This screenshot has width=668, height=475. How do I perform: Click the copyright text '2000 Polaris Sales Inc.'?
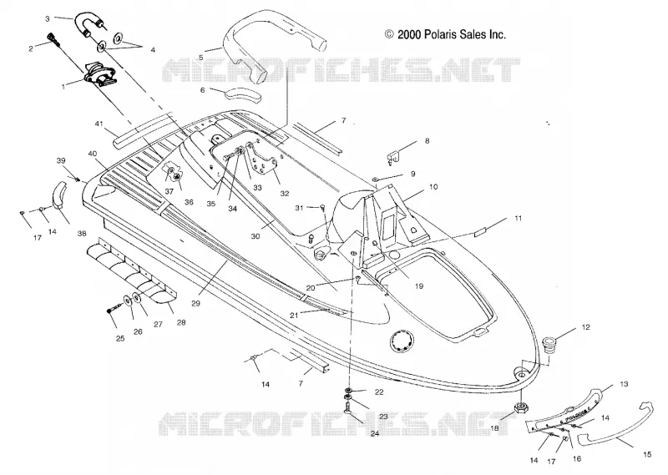point(452,34)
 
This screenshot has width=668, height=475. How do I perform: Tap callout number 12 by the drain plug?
point(586,327)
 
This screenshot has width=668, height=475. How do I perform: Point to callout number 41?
point(99,124)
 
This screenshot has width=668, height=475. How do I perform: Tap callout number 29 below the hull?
point(195,304)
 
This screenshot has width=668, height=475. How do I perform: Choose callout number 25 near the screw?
point(120,338)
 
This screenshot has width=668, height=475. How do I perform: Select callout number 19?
point(419,286)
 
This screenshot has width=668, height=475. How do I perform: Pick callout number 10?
point(433,187)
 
